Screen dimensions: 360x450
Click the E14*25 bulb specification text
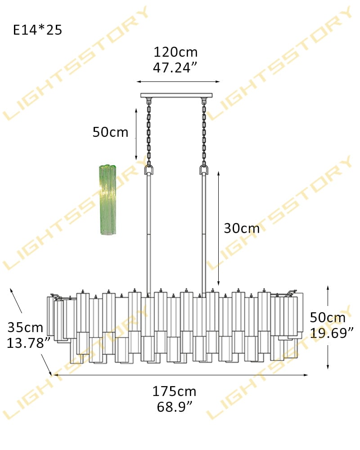[x=38, y=30]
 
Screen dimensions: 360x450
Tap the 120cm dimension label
[x=175, y=52]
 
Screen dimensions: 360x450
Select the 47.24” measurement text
[x=175, y=68]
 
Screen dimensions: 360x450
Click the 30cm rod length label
[x=242, y=229]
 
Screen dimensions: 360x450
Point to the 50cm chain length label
[x=110, y=132]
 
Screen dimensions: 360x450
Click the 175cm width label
[x=174, y=391]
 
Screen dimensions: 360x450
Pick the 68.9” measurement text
[x=175, y=407]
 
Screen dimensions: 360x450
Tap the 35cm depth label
[x=25, y=328]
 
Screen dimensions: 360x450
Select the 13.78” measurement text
[x=29, y=343]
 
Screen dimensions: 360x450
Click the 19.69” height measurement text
[x=332, y=333]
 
